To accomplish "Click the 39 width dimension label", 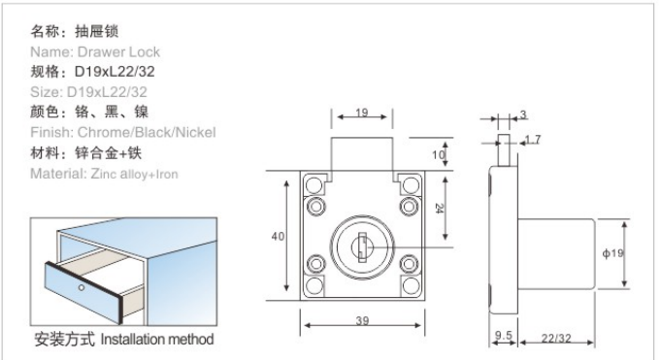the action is [362, 321].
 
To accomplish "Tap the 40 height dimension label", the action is [278, 237].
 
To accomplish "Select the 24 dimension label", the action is [439, 209].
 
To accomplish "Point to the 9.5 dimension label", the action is [504, 336].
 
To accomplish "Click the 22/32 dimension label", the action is [556, 338].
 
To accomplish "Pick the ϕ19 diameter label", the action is [612, 253].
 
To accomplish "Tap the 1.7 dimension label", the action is [533, 140].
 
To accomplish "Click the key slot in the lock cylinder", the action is [362, 247].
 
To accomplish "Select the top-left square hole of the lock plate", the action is [314, 184].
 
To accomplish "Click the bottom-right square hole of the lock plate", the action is [411, 285].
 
